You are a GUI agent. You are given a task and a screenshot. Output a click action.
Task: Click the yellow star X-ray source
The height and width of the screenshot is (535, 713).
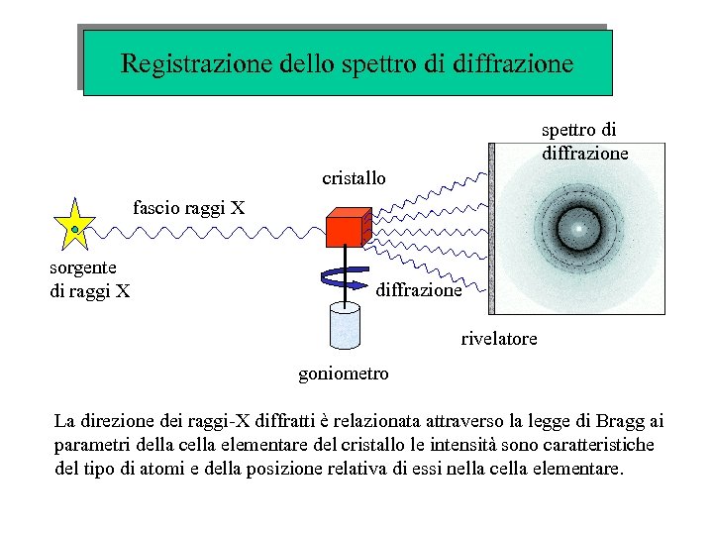(75, 227)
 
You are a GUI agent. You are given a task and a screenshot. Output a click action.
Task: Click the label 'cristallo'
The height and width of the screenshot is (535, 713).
(354, 179)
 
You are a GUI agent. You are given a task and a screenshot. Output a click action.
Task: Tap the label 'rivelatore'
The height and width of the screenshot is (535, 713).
(499, 339)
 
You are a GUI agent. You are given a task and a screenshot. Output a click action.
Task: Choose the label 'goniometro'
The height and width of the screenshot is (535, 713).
(344, 374)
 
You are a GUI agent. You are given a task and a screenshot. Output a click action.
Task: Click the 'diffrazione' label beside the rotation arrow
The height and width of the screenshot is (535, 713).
(419, 291)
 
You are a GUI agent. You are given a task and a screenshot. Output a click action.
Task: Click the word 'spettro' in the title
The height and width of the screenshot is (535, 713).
(375, 64)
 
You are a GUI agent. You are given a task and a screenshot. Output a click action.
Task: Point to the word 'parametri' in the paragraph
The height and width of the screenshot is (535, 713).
(91, 444)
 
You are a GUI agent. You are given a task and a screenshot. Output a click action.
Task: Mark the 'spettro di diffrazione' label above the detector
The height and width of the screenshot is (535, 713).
(584, 142)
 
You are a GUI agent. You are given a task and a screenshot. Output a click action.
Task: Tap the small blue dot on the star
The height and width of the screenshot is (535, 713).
(73, 230)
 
